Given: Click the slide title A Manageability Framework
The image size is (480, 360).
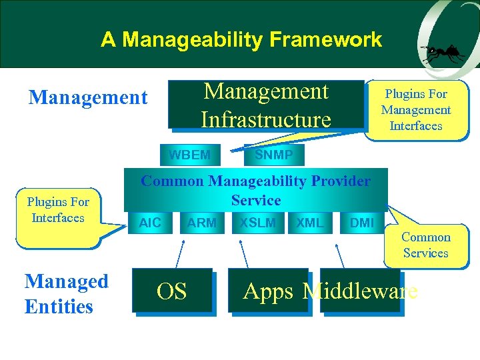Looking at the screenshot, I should pos(241,39).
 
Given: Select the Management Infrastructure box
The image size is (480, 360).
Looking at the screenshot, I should pos(265,105).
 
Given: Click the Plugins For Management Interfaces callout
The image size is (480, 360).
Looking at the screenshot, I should pos(416,110).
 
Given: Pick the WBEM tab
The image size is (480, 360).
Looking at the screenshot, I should pos(189,155).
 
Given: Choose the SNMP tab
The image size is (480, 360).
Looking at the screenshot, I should pos(273,155).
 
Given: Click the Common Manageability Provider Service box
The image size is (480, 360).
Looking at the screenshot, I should pos(256,191).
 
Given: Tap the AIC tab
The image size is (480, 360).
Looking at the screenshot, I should pos(150,223).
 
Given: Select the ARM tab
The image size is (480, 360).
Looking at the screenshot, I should pos(201,223).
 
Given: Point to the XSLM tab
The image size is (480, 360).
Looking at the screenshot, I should pos(257,223).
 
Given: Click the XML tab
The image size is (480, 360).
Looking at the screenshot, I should pos(309,223).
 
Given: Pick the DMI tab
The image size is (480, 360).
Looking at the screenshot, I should pos(362,223).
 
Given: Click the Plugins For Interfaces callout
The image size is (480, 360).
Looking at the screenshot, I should pos(58,210).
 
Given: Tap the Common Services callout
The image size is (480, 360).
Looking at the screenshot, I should pos(425,245).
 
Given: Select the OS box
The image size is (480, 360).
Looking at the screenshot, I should pos(171,291).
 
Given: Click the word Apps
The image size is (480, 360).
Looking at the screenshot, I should pos(268,291).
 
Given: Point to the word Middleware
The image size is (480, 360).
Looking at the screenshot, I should pos(360,291).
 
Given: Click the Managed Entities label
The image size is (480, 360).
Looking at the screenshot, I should pos(66,294).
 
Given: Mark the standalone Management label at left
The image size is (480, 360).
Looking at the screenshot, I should pos(87,98).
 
